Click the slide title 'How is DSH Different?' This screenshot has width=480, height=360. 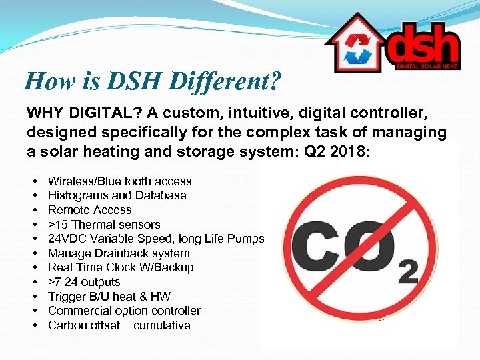(x=153, y=81)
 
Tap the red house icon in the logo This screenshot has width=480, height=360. (x=353, y=45)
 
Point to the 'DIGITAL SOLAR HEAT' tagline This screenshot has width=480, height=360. (x=427, y=66)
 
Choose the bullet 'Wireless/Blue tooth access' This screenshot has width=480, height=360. (x=119, y=181)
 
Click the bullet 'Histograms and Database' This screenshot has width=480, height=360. (x=117, y=195)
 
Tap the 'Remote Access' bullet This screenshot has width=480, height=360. (x=90, y=210)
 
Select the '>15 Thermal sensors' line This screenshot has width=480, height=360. (x=104, y=225)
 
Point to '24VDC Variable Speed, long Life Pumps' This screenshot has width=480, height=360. (x=156, y=239)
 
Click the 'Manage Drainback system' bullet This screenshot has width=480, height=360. (x=119, y=253)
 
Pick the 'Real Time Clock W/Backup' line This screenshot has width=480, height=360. (x=121, y=267)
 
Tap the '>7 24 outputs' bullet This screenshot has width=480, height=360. (x=84, y=282)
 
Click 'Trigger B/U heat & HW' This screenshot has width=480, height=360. (x=109, y=297)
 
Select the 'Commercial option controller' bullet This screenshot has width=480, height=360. (x=124, y=311)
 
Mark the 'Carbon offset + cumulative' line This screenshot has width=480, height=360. (x=119, y=325)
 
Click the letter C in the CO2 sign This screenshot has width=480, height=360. (x=323, y=250)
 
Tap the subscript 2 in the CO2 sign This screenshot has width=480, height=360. (x=407, y=273)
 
